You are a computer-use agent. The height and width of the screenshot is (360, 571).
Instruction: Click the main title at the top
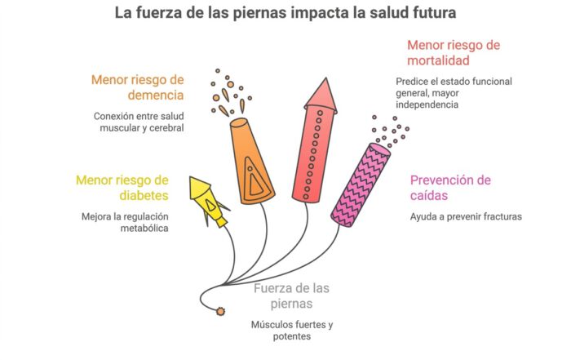pyautogui.click(x=285, y=14)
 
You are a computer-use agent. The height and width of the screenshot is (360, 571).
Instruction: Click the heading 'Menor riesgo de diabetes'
pyautogui.click(x=122, y=188)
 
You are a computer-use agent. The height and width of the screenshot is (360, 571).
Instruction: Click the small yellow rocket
pyautogui.click(x=207, y=200)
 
